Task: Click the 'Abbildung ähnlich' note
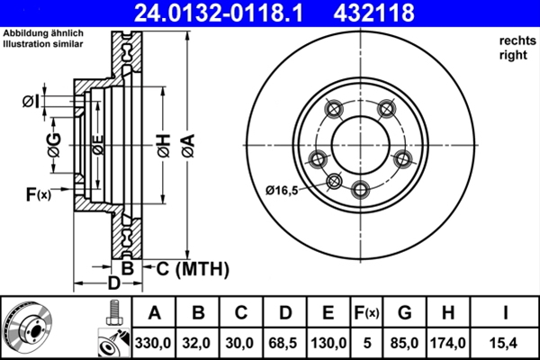coord(42,33)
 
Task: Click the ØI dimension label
coord(31,100)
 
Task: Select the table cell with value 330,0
coord(154,343)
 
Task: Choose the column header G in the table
coord(404,313)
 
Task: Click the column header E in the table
coord(328,313)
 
